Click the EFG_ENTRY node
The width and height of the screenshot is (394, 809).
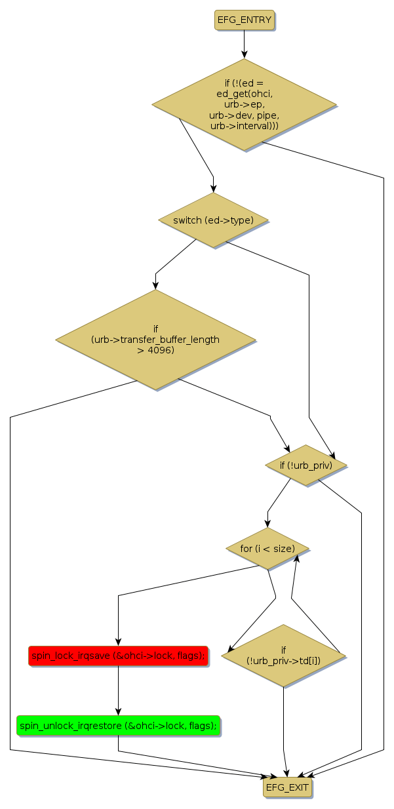[x=244, y=20]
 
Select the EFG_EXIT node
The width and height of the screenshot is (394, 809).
[x=286, y=787]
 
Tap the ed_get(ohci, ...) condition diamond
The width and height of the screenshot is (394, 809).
[x=244, y=104]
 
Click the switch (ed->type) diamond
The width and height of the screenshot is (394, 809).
[x=213, y=220]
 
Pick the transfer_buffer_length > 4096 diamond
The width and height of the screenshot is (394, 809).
[x=155, y=340]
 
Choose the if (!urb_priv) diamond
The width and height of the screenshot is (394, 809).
[x=305, y=465]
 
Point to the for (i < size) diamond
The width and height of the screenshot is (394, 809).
[x=267, y=548]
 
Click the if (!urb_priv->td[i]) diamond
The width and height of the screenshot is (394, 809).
[x=283, y=655]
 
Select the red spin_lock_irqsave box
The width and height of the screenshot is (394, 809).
[x=118, y=655]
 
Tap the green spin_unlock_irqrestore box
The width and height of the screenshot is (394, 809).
[x=118, y=725]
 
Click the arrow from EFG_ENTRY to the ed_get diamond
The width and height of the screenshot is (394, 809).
[x=244, y=44]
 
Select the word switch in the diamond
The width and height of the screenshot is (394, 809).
[x=187, y=220]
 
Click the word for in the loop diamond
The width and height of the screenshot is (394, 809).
[x=246, y=548]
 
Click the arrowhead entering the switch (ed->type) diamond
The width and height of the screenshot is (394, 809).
[x=213, y=188]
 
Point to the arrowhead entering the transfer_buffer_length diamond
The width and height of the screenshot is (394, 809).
[x=155, y=285]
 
